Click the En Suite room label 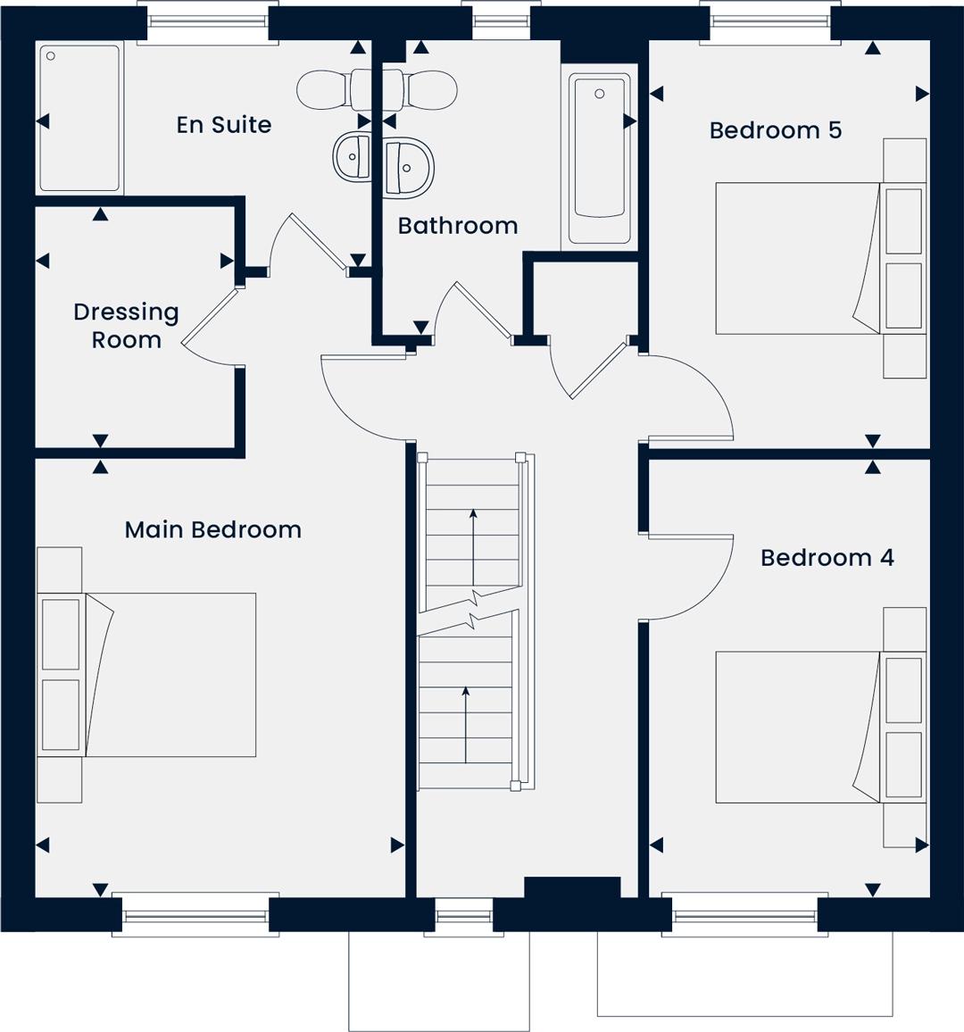click(x=224, y=124)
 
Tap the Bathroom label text click(x=458, y=226)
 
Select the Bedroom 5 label click(x=775, y=129)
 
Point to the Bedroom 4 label click(x=827, y=557)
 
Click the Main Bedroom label click(x=213, y=529)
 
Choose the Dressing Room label click(x=127, y=325)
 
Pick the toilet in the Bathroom click(x=420, y=89)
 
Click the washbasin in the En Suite click(x=352, y=156)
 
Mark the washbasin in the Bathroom click(x=409, y=168)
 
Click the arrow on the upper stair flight click(x=473, y=547)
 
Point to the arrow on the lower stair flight click(x=466, y=725)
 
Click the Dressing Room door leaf click(x=209, y=316)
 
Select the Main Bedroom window click(x=195, y=915)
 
